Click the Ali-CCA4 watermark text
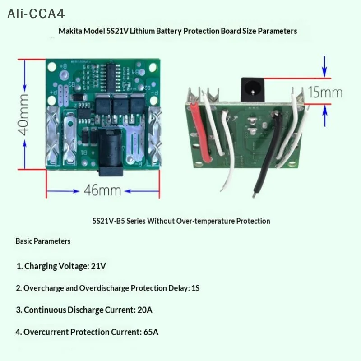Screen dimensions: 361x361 point(36,14)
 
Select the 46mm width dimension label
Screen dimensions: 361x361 point(102,190)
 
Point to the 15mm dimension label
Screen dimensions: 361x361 point(325,92)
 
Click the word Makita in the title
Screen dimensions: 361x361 point(70,31)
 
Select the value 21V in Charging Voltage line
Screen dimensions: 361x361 point(98,266)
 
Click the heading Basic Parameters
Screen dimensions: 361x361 point(43,241)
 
